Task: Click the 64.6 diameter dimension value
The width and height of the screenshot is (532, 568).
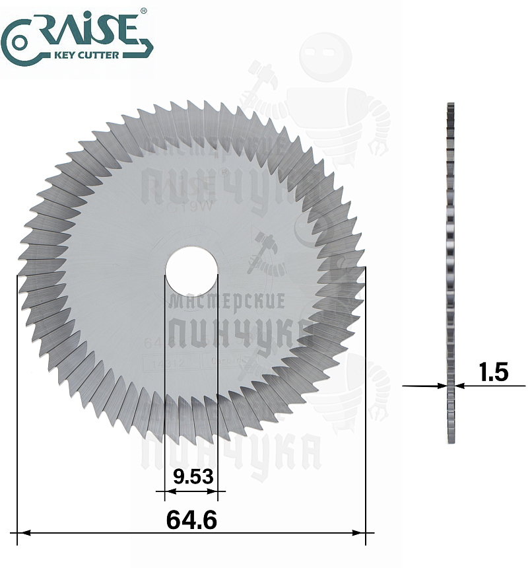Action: (x=191, y=519)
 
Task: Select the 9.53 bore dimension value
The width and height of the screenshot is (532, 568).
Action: (x=191, y=476)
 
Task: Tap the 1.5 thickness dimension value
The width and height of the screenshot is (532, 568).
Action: (x=494, y=373)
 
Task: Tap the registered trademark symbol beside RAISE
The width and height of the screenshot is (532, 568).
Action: (x=144, y=11)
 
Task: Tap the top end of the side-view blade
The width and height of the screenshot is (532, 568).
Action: (x=451, y=106)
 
